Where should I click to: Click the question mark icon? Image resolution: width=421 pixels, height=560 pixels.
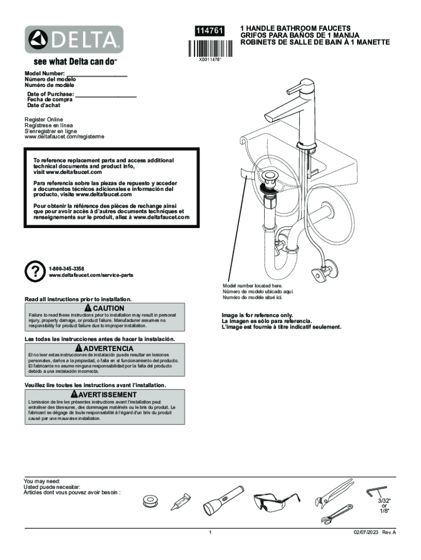click(34, 271)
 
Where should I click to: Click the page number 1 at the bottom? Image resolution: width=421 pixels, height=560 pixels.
click(210, 532)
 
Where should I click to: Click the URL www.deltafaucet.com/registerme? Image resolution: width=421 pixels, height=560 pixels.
click(64, 136)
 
